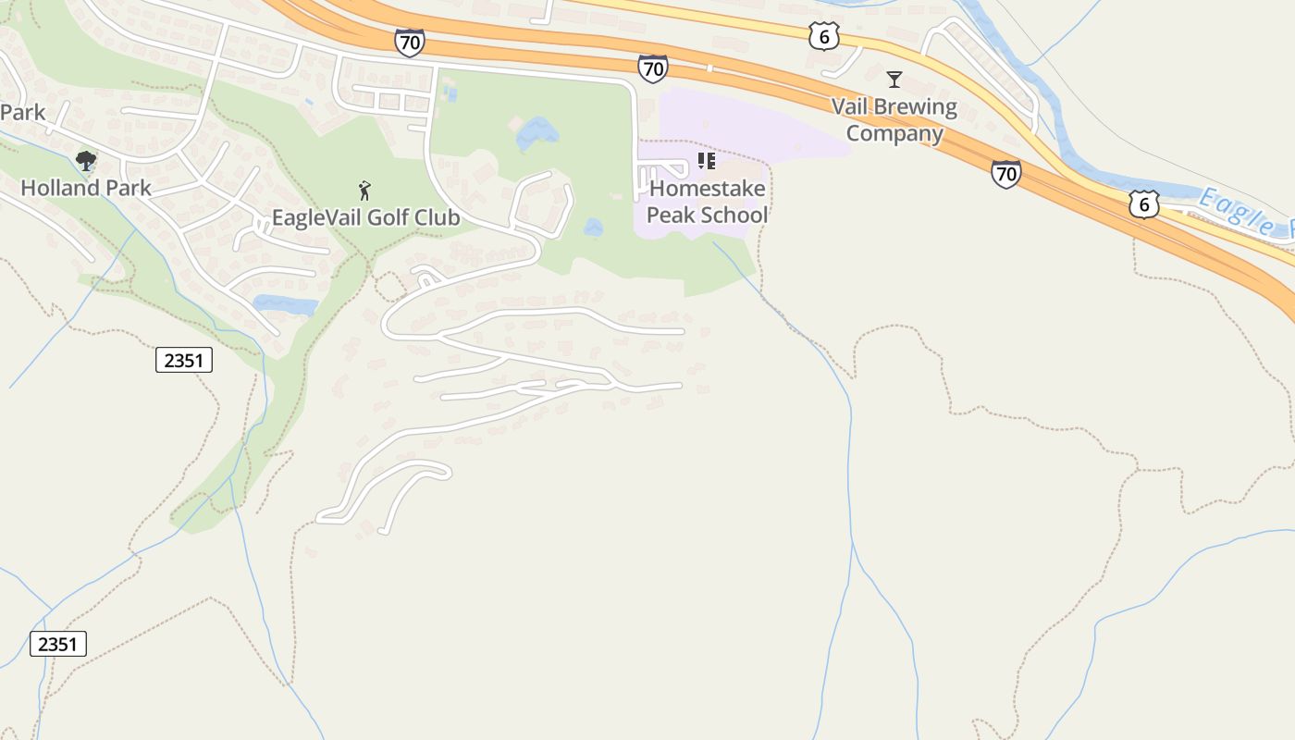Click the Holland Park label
[x=85, y=188]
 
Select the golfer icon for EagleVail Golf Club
[x=365, y=191]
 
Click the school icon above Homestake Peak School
[x=707, y=162]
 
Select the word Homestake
[x=708, y=189]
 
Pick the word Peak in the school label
[x=670, y=216]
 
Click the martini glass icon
[x=894, y=80]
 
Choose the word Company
[x=894, y=134]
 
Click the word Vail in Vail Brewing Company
[x=850, y=107]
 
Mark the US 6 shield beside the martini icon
[x=823, y=37]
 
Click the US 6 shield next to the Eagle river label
[x=1144, y=204]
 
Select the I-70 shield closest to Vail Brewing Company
[x=1005, y=173]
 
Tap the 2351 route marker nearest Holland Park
[x=183, y=361]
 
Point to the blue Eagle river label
[x=1244, y=212]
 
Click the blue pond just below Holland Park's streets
[x=285, y=303]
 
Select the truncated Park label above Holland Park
[x=22, y=113]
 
